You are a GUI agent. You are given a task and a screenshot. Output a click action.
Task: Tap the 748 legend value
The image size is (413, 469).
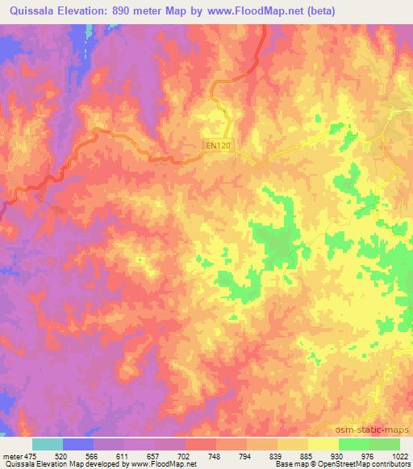click(215, 455)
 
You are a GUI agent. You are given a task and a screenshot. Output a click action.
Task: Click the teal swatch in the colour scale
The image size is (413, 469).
click(48, 444)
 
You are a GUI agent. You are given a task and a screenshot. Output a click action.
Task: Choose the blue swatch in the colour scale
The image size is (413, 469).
click(77, 444)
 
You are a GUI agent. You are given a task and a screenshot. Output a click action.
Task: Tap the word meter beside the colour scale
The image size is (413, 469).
click(11, 455)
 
